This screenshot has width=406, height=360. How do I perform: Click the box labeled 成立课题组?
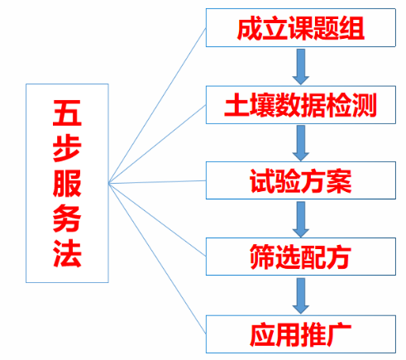pos(301,27)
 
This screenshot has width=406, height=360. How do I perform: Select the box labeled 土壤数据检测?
pos(301,105)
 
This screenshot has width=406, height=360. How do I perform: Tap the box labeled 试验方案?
pos(301,180)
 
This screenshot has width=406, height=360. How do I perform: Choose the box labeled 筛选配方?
pos(301,257)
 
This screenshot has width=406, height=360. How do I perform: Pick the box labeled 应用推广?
pos(301,334)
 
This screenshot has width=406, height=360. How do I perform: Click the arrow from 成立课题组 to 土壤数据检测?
pos(301,67)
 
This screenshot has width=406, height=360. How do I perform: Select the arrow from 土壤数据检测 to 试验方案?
pos(301,143)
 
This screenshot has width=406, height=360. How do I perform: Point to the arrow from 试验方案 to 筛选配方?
pos(301,219)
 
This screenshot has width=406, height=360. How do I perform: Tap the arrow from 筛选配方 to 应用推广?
pos(301,295)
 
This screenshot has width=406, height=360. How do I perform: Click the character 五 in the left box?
pos(67,113)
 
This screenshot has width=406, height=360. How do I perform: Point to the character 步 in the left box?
pos(67,148)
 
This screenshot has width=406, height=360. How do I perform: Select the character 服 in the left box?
pos(67,183)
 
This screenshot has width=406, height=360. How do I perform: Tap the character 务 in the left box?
pos(67,218)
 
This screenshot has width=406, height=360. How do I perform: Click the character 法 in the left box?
pos(67,253)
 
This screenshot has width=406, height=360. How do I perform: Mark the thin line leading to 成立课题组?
pos(157,105)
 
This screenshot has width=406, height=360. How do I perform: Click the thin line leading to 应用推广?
pos(157,258)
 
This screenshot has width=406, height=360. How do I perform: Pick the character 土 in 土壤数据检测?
pos(236,105)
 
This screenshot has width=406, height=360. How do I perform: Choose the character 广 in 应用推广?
pos(339,334)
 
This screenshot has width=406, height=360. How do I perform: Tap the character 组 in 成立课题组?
pos(351,28)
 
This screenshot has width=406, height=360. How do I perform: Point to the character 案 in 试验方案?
pos(339,181)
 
